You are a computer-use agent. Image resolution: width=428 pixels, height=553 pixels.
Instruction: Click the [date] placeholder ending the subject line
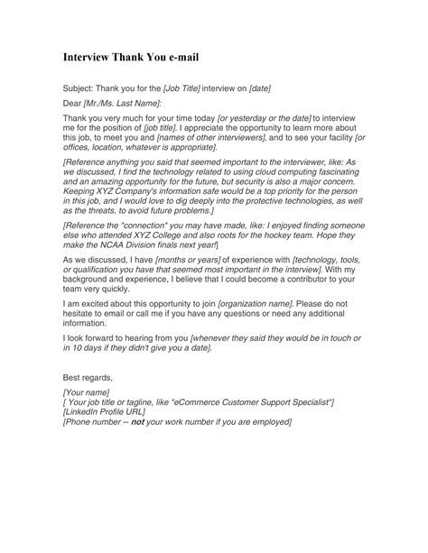[x=256, y=88]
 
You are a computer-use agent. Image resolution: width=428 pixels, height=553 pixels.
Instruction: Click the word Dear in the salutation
[x=72, y=105]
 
